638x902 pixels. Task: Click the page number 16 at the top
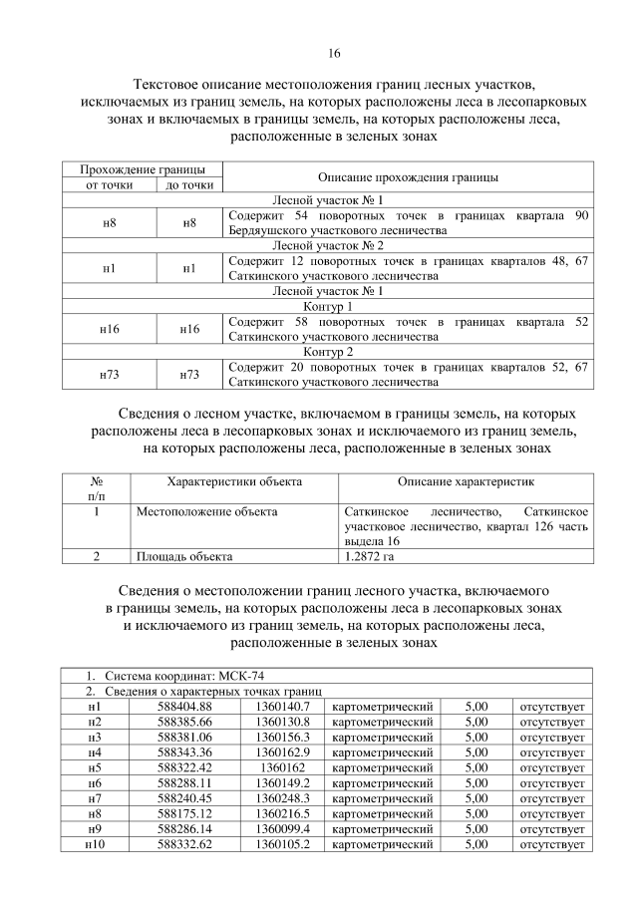coord(334,53)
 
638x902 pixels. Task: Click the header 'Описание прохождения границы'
coord(408,176)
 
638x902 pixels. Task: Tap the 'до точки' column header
coord(189,184)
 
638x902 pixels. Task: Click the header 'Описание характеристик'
coord(465,481)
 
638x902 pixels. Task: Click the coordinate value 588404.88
coord(185,707)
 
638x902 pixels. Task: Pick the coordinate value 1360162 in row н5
coord(283,767)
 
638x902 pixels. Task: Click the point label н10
coord(95,844)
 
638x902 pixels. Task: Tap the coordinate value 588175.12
coord(185,813)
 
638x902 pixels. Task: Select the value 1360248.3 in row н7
coord(283,798)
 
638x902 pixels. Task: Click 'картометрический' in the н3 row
coord(382,738)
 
